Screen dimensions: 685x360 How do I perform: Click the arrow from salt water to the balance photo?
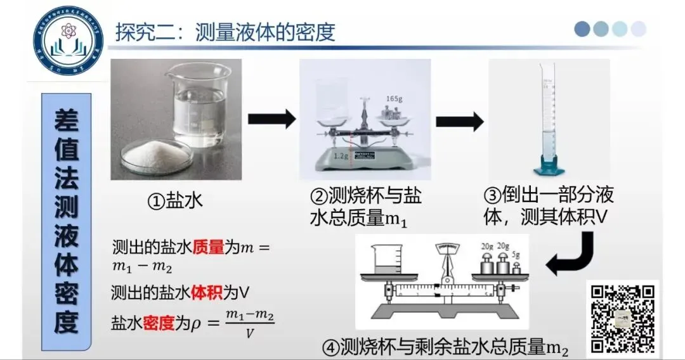(x=271, y=119)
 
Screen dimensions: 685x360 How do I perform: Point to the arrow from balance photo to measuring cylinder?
(x=460, y=120)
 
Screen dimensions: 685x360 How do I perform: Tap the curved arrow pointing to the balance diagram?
(x=571, y=254)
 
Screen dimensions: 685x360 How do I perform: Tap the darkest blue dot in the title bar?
(x=582, y=29)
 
